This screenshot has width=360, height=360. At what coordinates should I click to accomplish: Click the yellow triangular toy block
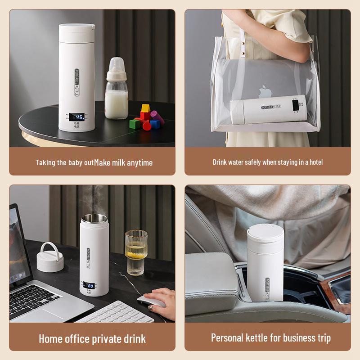pos(145,108)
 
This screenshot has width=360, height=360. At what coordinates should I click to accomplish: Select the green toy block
pos(135,123)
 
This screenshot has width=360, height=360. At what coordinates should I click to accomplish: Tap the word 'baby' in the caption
pos(75,162)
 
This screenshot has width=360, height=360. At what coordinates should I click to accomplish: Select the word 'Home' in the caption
pos(51,338)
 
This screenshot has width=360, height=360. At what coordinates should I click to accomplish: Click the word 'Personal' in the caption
pos(230,337)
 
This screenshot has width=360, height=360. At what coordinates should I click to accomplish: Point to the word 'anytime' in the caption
pos(139,162)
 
